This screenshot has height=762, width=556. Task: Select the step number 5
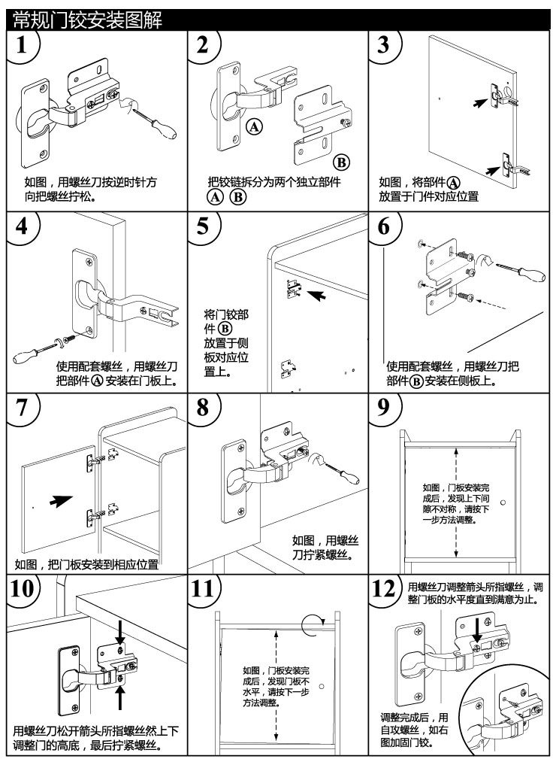point(203,227)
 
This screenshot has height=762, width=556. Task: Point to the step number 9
point(385,408)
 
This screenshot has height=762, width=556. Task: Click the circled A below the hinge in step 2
point(254,127)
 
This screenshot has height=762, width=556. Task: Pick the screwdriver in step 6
point(518,271)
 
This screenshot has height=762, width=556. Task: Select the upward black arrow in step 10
point(119,696)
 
